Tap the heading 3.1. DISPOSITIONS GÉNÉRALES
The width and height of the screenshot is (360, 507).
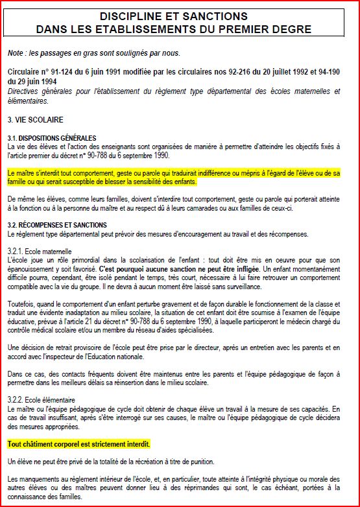click(x=52, y=138)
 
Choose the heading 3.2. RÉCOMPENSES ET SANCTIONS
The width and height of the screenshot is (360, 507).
click(x=57, y=225)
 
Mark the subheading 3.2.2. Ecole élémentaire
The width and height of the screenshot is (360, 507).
click(x=42, y=400)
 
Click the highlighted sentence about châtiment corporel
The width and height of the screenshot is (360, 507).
click(x=78, y=444)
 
